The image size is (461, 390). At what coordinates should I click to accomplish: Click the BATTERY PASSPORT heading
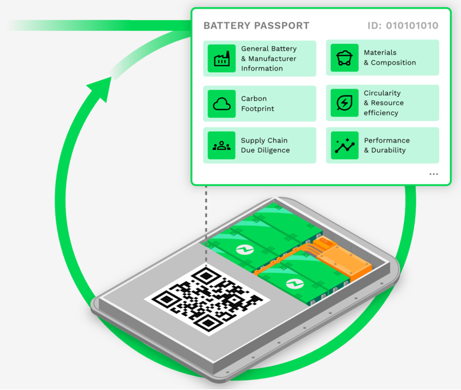click(256, 26)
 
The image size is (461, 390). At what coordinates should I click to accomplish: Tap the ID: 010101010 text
click(403, 26)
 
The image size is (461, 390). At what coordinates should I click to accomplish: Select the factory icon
click(222, 58)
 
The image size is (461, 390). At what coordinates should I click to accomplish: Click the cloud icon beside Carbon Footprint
click(222, 103)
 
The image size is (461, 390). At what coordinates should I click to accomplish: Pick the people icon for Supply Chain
click(222, 145)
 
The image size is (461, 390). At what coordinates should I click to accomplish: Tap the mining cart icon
click(344, 58)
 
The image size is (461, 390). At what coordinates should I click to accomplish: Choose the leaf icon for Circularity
click(344, 103)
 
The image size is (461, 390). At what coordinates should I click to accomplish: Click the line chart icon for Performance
click(344, 145)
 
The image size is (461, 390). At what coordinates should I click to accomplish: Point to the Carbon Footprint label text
click(258, 103)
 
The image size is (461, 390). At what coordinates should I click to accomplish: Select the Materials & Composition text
click(389, 58)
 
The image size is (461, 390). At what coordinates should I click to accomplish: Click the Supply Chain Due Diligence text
click(265, 145)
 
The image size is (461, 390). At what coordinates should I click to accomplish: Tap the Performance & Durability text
click(386, 145)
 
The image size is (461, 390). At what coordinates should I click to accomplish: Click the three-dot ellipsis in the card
click(434, 174)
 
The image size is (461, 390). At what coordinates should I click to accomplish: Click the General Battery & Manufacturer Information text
click(269, 58)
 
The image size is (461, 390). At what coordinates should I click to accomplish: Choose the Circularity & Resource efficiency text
click(384, 103)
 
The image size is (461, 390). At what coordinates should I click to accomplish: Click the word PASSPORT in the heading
click(280, 26)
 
